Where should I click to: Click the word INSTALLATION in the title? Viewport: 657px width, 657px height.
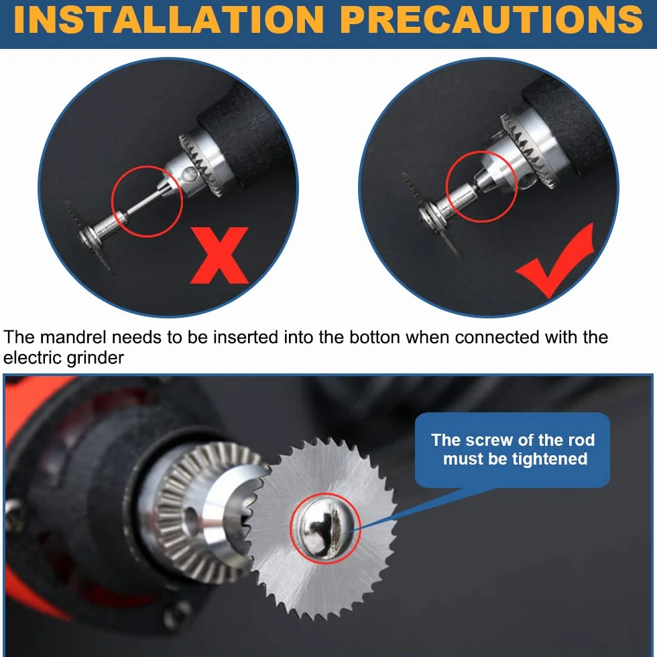169,19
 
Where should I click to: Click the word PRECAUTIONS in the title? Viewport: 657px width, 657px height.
491,19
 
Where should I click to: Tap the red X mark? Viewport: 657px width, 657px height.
220,255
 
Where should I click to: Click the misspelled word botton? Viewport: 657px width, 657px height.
375,337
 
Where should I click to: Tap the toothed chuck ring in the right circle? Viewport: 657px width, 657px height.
529,150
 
